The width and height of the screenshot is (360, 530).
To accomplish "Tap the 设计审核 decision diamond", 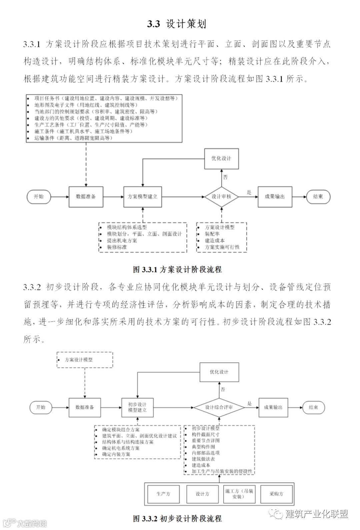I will pyautogui.click(x=221, y=197).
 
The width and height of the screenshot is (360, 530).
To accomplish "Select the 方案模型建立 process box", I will pyautogui.click(x=143, y=197).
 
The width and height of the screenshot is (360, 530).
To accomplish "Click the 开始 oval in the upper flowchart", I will pyautogui.click(x=39, y=197).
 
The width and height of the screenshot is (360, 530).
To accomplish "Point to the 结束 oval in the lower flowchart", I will pyautogui.click(x=313, y=407).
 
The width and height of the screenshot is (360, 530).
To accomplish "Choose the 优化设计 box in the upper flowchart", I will pyautogui.click(x=221, y=158).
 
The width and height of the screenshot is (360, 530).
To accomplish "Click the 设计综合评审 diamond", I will pyautogui.click(x=219, y=407).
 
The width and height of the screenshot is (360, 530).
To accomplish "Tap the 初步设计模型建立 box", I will pyautogui.click(x=137, y=407).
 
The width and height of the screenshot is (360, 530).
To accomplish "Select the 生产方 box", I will pyautogui.click(x=163, y=494).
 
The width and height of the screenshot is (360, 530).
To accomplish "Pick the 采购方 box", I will pyautogui.click(x=276, y=494).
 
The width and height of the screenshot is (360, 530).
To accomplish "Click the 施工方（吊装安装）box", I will pyautogui.click(x=239, y=494).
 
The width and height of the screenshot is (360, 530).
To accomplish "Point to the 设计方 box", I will pyautogui.click(x=202, y=494).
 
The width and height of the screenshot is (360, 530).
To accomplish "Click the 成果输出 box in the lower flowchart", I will pyautogui.click(x=273, y=407).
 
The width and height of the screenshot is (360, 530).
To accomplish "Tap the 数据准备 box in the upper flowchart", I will pyautogui.click(x=86, y=197).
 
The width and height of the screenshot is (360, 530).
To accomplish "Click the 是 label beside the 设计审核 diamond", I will pyautogui.click(x=249, y=192).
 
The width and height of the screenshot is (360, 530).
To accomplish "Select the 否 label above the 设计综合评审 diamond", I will pyautogui.click(x=223, y=389).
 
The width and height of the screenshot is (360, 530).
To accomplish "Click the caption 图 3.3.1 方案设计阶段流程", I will pyautogui.click(x=177, y=269).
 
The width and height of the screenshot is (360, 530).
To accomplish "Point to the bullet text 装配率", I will pyautogui.click(x=212, y=234).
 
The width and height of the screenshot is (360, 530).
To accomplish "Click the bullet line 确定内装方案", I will pyautogui.click(x=116, y=454).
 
